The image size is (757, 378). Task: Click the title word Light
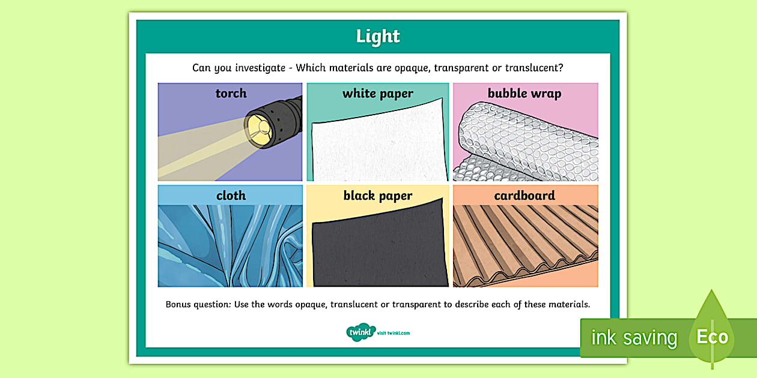click(378, 37)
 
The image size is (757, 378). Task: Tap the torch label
click(231, 93)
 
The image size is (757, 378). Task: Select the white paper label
click(378, 93)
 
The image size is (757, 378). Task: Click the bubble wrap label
click(524, 93)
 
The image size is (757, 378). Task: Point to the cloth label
click(231, 195)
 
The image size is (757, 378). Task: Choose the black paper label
click(378, 196)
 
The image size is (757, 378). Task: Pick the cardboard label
click(524, 196)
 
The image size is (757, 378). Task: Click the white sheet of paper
click(378, 144)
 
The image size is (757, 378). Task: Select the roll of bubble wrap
click(529, 141)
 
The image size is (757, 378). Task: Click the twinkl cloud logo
click(360, 332)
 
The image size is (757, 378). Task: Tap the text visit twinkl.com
click(394, 333)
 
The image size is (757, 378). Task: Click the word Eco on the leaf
click(713, 337)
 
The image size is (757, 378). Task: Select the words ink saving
click(634, 338)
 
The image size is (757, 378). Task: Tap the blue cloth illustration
click(231, 246)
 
